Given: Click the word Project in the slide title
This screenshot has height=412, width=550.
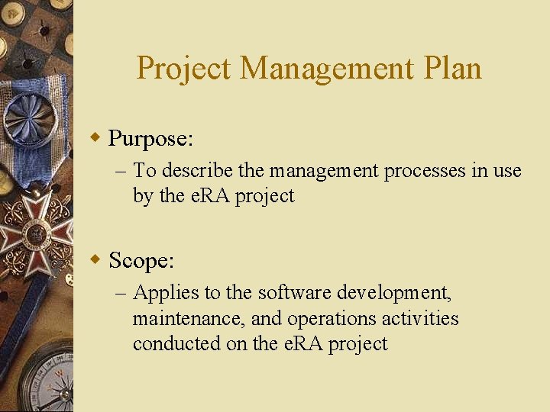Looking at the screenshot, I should point(183,69).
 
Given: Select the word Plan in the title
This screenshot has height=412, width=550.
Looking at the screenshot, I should point(451,69).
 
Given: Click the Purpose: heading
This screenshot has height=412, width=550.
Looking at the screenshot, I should point(150,139).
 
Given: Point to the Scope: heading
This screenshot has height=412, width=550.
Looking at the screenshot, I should point(142,261).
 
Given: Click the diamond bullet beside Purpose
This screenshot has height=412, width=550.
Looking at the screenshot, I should point(95,138).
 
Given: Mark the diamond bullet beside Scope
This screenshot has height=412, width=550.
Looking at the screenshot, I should point(95,260).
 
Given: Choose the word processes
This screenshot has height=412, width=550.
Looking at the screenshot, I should point(424,170).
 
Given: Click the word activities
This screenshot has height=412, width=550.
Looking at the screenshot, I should point(422,317).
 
